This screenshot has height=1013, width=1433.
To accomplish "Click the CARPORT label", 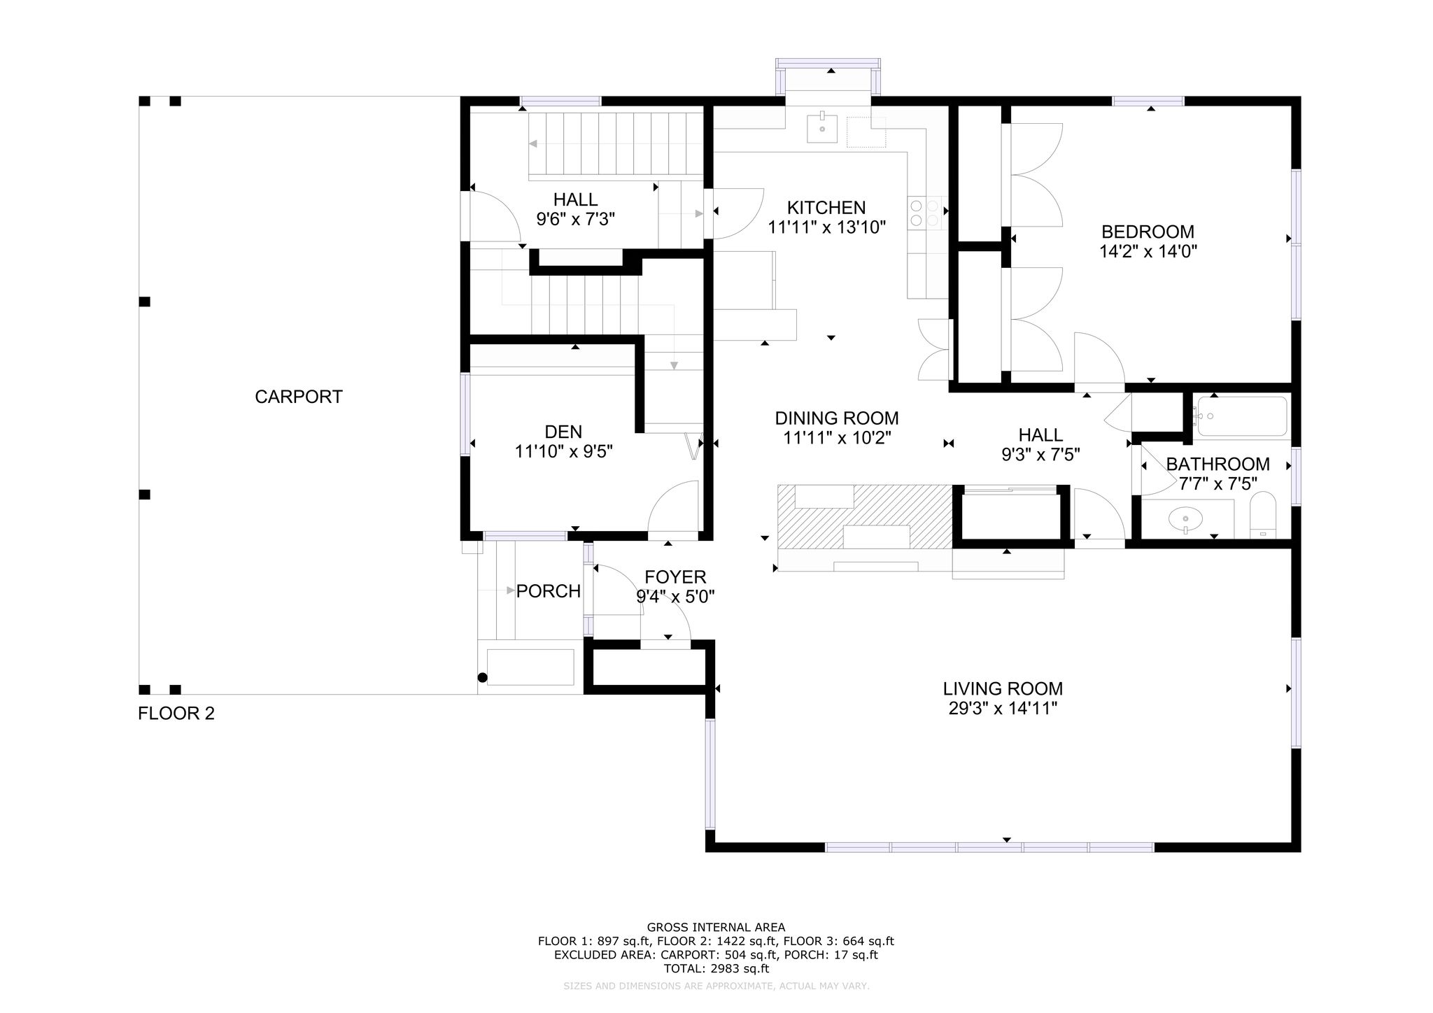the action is pyautogui.click(x=299, y=397).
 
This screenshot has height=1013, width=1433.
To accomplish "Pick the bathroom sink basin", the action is pyautogui.click(x=1185, y=520).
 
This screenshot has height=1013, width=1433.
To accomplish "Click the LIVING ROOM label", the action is pyautogui.click(x=1003, y=689).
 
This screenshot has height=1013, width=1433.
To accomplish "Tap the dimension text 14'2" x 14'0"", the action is pyautogui.click(x=1148, y=251).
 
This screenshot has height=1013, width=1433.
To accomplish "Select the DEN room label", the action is pyautogui.click(x=563, y=432).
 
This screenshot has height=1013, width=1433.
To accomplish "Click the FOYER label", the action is pyautogui.click(x=675, y=577).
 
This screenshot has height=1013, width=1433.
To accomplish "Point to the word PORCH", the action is pyautogui.click(x=549, y=591).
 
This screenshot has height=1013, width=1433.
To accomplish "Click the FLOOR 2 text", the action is pyautogui.click(x=176, y=714).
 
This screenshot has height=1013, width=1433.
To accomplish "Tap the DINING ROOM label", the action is pyautogui.click(x=837, y=418).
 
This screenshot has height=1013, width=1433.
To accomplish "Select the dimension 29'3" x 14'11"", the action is pyautogui.click(x=1003, y=709).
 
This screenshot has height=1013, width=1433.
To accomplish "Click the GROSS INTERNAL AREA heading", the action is pyautogui.click(x=716, y=928).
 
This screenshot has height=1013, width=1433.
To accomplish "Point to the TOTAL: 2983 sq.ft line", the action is pyautogui.click(x=716, y=969).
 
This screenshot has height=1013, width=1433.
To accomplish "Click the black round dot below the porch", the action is pyautogui.click(x=482, y=677).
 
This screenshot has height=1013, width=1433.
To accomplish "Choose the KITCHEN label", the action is pyautogui.click(x=826, y=208).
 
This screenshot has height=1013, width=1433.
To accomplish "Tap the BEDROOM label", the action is pyautogui.click(x=1148, y=232).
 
